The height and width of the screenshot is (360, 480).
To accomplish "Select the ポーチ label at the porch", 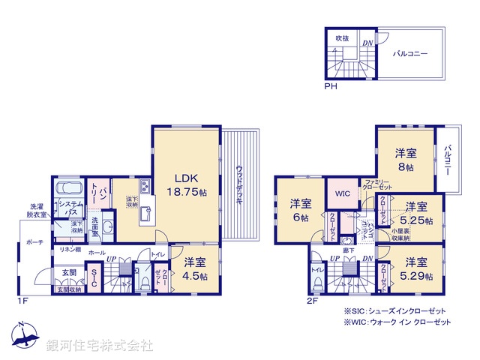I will tap(34, 243).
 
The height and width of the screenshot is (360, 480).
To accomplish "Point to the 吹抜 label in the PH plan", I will tap(342, 37).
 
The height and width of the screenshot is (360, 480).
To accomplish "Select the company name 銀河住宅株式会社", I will tap(100, 345).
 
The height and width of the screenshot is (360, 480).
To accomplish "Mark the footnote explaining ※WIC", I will tap(397, 322).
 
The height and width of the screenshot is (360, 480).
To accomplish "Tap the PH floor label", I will tap(330, 87).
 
